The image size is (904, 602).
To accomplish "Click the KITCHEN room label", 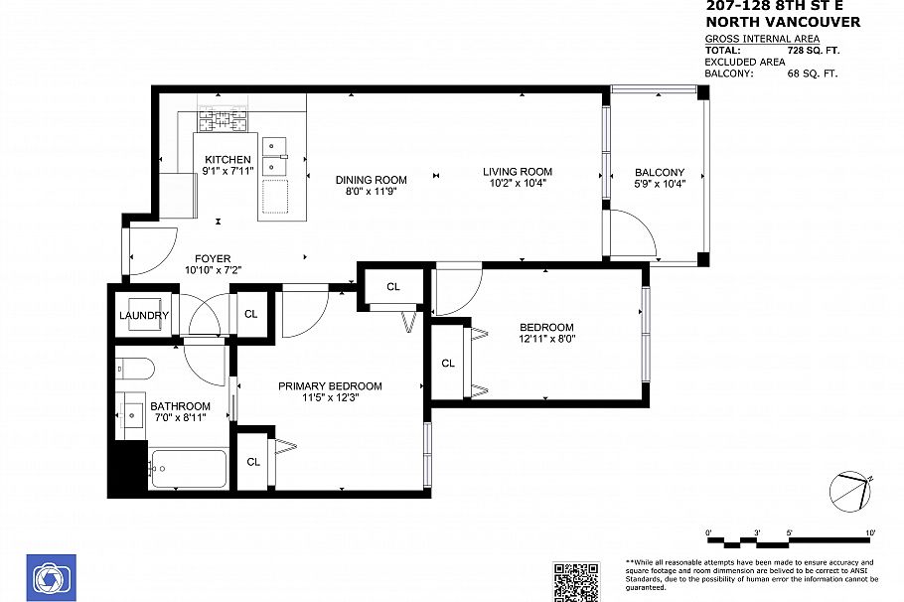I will click(227, 160).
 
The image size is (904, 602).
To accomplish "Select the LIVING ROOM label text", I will click(517, 171).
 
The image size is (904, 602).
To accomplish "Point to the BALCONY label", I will click(660, 172).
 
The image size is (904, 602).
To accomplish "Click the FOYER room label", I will click(212, 259).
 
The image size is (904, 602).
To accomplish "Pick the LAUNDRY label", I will click(145, 316).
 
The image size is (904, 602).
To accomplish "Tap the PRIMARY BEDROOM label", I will click(329, 386).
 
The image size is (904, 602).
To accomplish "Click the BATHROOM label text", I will click(180, 406).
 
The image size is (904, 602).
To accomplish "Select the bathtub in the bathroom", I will click(188, 468).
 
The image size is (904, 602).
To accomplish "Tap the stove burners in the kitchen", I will click(226, 121).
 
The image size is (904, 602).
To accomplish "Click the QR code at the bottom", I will click(575, 581).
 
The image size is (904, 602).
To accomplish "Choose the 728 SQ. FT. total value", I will click(806, 49).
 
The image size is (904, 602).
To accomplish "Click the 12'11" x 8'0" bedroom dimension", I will click(546, 338).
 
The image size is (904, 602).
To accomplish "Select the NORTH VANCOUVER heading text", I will click(782, 22).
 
